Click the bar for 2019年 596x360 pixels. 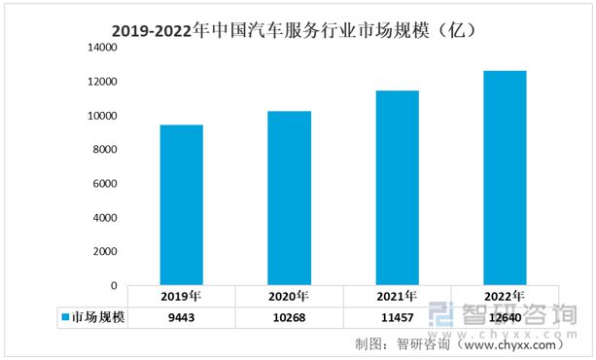click(181, 204)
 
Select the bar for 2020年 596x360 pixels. click(289, 198)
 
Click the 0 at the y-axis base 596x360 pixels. click(113, 285)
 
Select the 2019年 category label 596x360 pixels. click(182, 296)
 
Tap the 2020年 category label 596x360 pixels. click(289, 296)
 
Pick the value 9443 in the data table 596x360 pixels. click(182, 317)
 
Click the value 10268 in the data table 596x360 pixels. click(289, 317)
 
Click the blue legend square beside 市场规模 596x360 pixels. click(65, 317)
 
